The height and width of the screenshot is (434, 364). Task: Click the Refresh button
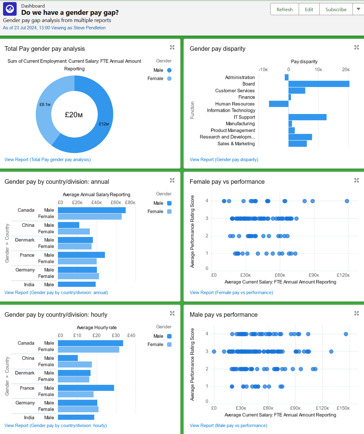(x=284, y=9)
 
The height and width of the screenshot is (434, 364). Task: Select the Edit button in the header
(x=309, y=9)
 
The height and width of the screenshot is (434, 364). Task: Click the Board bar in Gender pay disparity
(x=319, y=84)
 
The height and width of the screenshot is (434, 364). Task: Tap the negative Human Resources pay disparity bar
(x=278, y=104)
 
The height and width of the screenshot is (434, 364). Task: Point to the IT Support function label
(x=244, y=117)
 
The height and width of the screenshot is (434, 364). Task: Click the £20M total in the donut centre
(x=74, y=115)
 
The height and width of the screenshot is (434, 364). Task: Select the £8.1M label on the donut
(x=45, y=105)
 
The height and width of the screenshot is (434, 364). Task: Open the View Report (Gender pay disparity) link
(x=224, y=160)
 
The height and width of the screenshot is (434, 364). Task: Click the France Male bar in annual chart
(x=81, y=255)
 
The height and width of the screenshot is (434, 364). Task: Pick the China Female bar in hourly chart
(x=75, y=364)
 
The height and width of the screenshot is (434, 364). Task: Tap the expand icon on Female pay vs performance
(x=356, y=180)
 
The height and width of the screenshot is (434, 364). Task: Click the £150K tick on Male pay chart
(x=343, y=408)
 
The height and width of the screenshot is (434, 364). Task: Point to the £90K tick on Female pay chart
(x=314, y=275)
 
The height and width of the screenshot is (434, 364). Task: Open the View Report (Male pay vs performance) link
(x=228, y=426)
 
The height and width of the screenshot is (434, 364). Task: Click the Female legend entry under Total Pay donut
(x=159, y=79)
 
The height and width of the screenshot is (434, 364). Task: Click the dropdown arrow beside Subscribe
(x=358, y=9)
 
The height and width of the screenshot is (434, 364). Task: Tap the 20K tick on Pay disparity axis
(x=346, y=70)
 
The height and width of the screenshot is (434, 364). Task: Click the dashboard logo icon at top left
(x=10, y=9)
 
